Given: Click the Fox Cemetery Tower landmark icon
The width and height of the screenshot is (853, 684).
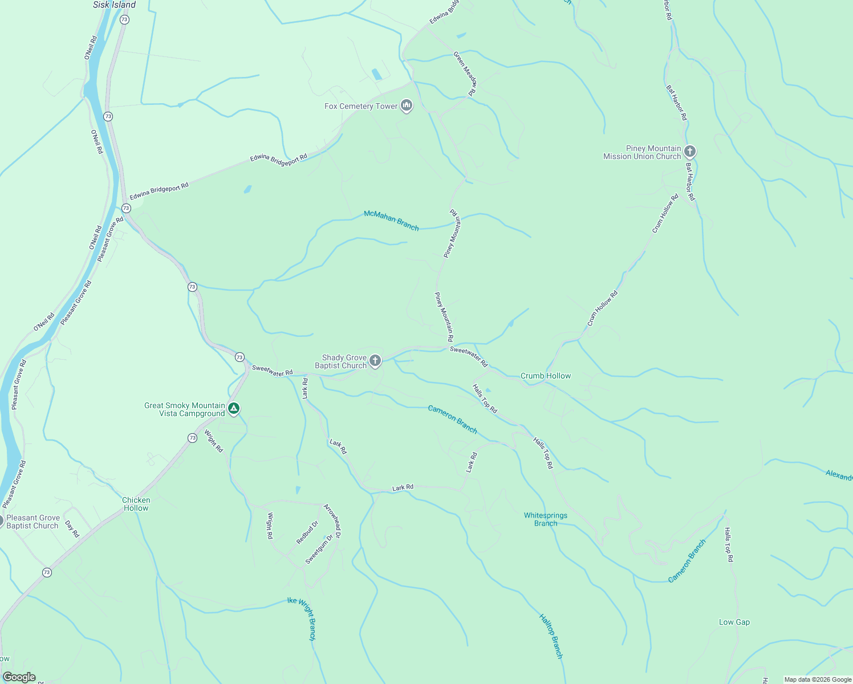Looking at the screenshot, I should tap(407, 105).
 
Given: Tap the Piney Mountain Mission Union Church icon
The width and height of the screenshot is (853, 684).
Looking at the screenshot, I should tap(690, 152).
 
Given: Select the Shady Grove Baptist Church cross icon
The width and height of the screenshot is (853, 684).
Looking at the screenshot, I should tap(375, 360).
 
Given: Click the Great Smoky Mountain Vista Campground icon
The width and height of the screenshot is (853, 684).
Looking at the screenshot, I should tap(233, 409).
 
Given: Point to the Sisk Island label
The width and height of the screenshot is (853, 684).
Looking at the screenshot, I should tap(115, 5).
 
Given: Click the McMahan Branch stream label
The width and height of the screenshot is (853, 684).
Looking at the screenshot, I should tap(391, 221).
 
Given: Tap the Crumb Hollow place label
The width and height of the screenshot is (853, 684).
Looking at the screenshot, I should tap(545, 376).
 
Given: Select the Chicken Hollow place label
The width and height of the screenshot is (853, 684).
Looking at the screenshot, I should tap(136, 504).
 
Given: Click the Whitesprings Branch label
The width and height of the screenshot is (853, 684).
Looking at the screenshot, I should tap(546, 519).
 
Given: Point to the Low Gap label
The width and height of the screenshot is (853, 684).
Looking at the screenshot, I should tap(734, 622).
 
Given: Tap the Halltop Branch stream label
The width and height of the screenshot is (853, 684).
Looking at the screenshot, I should tap(551, 636).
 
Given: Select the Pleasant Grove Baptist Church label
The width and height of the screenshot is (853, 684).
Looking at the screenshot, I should tap(33, 522).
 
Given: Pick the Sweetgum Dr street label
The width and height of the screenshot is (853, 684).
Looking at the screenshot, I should tap(319, 549).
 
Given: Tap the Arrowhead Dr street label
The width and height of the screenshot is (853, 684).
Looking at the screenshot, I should tap(332, 521).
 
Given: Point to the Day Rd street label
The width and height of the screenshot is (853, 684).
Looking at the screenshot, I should tap(72, 529).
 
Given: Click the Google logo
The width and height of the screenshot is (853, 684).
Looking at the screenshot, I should tap(19, 677).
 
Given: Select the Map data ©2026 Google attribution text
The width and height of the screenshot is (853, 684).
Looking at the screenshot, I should tap(818, 679).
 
